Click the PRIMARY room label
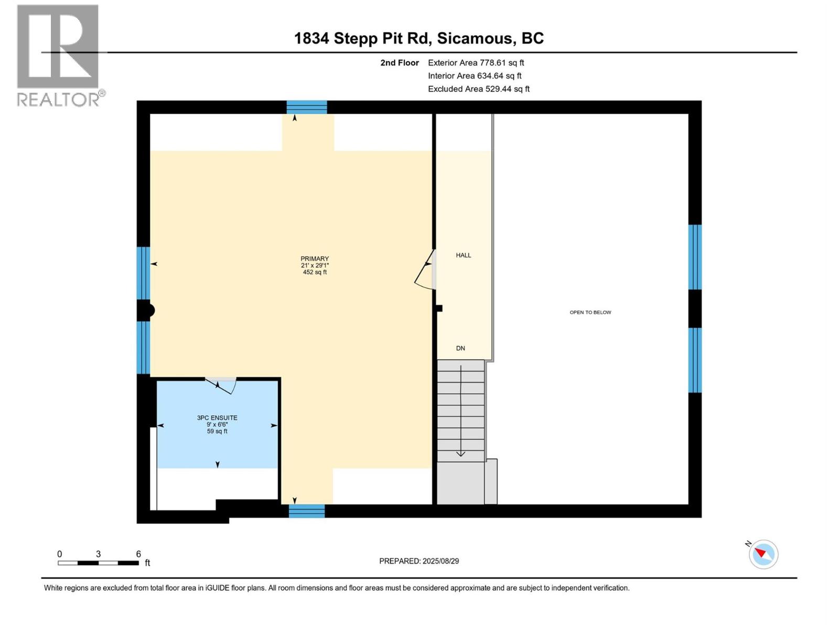pyautogui.click(x=315, y=258)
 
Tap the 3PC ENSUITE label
pyautogui.click(x=217, y=418)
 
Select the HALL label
pyautogui.click(x=464, y=255)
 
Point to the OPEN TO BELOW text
pyautogui.click(x=590, y=312)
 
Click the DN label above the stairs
pyautogui.click(x=460, y=348)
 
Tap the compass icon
pyautogui.click(x=763, y=554)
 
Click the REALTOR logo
pyautogui.click(x=58, y=55)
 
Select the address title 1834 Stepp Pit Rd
pyautogui.click(x=418, y=38)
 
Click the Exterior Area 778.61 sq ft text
pyautogui.click(x=476, y=63)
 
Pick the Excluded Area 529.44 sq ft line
pyautogui.click(x=478, y=89)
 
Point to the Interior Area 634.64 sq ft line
pyautogui.click(x=475, y=76)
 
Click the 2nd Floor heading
pyautogui.click(x=400, y=63)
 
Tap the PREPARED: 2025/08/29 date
pyautogui.click(x=419, y=561)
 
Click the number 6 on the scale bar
pyautogui.click(x=138, y=554)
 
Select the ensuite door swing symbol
pyautogui.click(x=224, y=385)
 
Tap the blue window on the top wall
pyautogui.click(x=307, y=107)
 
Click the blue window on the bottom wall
pyautogui.click(x=307, y=511)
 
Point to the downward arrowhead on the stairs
pyautogui.click(x=460, y=453)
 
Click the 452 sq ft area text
pyautogui.click(x=315, y=272)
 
